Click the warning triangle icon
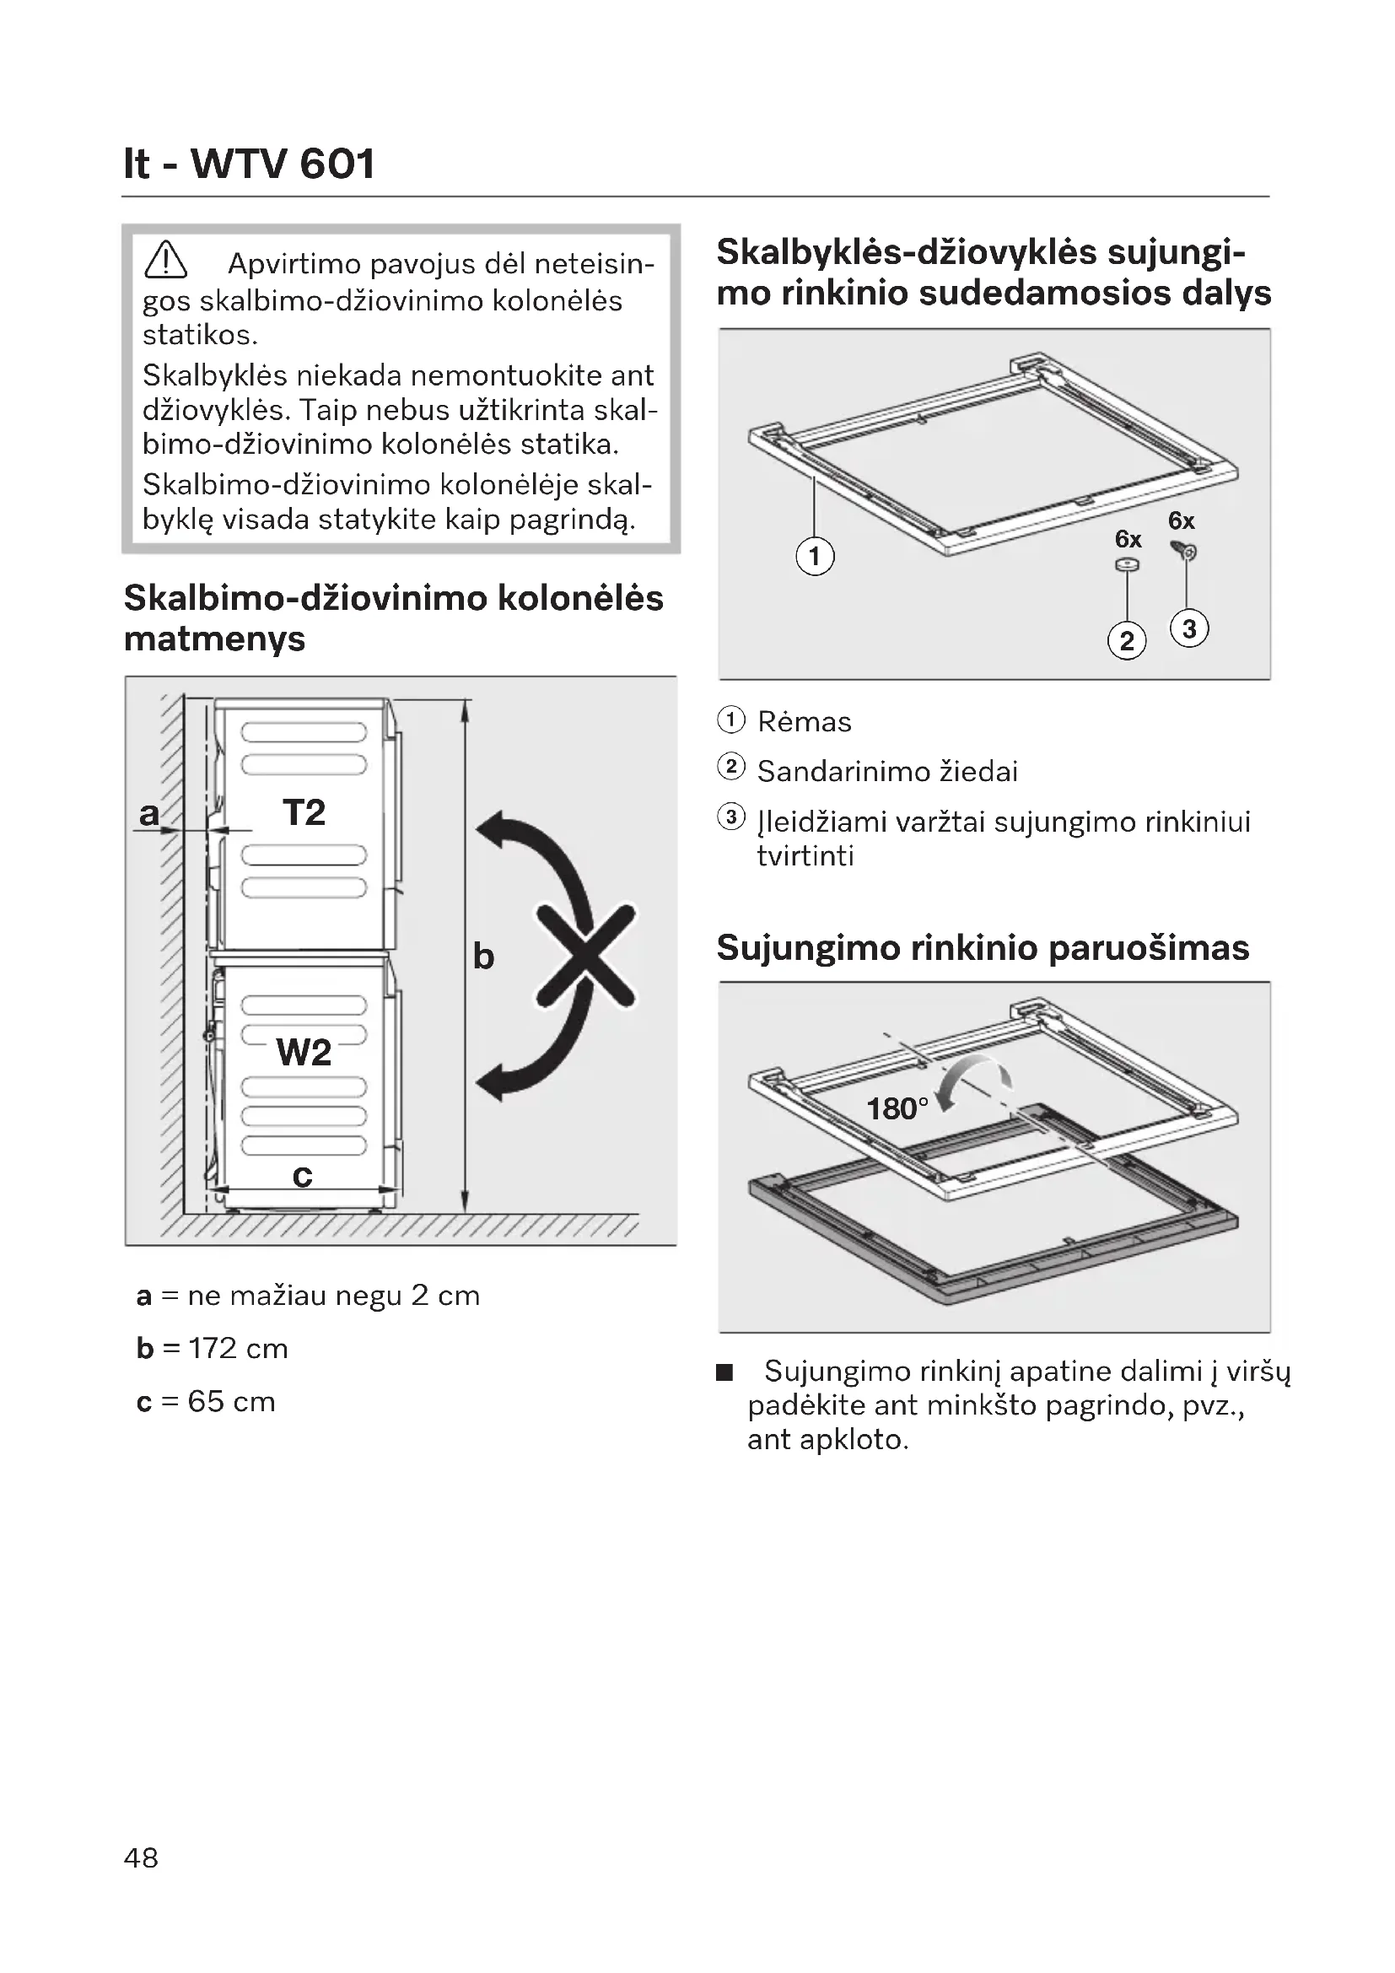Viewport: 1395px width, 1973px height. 166,261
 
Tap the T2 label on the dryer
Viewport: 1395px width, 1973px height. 304,813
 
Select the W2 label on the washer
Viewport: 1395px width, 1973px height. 304,1053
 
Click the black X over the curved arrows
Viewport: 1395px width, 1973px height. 587,955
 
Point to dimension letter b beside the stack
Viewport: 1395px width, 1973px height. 483,957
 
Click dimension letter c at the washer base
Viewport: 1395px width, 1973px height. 303,1176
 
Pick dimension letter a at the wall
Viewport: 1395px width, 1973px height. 149,813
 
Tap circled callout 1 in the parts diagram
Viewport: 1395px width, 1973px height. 815,556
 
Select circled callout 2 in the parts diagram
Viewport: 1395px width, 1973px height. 1127,640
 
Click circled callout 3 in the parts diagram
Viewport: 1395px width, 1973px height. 1189,628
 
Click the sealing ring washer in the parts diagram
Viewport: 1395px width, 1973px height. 1127,564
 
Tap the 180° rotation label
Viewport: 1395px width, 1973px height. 897,1108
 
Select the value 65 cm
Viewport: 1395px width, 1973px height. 231,1402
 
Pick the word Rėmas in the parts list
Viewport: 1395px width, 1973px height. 804,722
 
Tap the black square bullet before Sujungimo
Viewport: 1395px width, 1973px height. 726,1372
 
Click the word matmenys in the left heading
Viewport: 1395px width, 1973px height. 215,639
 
